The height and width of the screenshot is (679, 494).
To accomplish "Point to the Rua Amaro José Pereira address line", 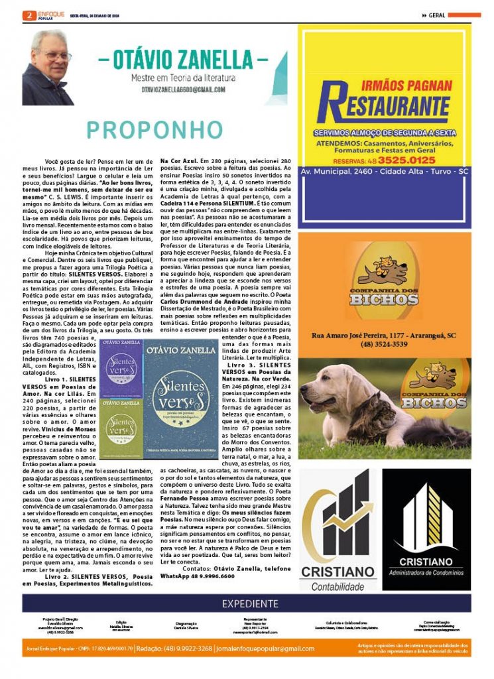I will (x=383, y=336).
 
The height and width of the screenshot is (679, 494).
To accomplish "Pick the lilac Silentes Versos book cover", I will (x=121, y=372).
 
